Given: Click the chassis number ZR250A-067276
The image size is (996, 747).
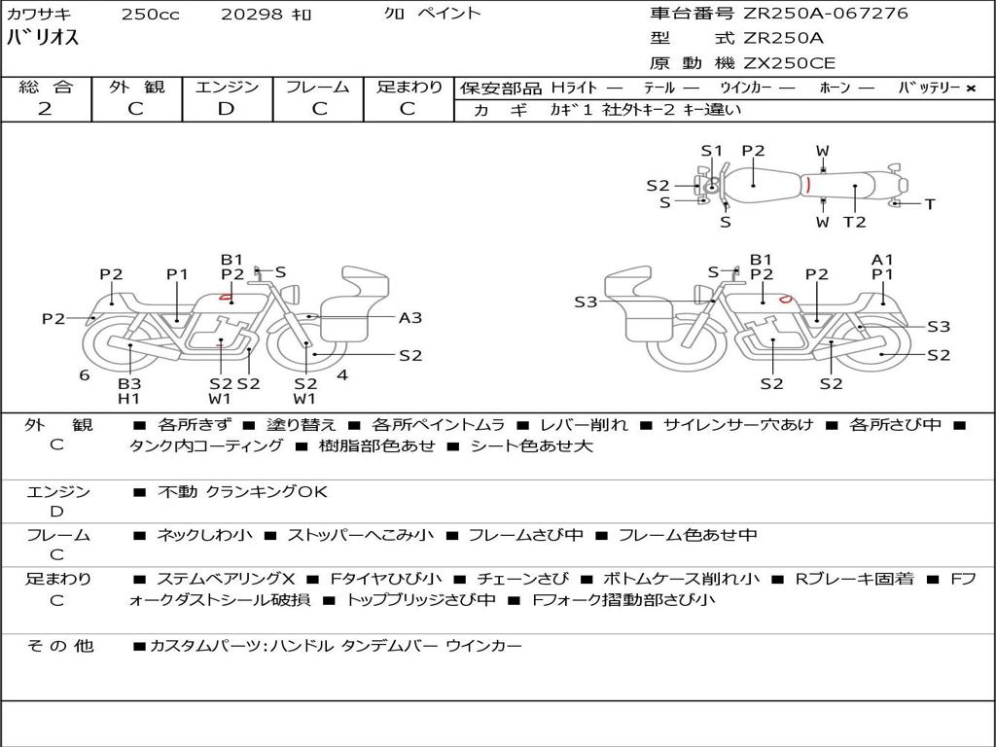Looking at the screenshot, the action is point(826,14).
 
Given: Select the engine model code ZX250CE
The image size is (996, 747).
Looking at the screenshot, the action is point(790,64).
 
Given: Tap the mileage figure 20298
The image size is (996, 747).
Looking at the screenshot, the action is point(249,14).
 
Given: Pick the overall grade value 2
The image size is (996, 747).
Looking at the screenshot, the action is point(45,109).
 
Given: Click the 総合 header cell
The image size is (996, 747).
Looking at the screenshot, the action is point(45,88).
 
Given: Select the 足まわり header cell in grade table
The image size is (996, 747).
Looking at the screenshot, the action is point(409,88).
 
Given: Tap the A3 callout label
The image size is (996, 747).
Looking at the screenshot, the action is point(410,317).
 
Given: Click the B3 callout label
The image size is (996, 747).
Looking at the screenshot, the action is point(129,383).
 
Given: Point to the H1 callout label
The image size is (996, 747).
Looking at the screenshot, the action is point(129,399).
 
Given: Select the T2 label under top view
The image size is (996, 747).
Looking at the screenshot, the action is point(854,223).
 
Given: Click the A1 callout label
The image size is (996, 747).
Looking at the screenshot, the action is point(882,260).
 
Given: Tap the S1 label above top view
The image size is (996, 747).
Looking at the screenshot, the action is point(712,151).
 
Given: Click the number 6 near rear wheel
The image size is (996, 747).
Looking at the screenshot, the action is point(85,374).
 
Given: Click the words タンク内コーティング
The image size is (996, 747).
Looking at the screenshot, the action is point(206,446).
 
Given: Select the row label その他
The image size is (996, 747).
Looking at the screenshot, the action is point(58,646).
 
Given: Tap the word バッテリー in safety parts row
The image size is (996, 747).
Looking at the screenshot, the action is point(929,89).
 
